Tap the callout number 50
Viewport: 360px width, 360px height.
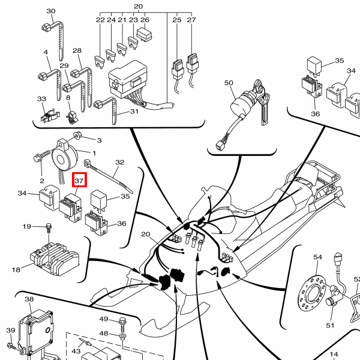(x=229, y=82)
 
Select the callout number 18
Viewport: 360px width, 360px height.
(x=16, y=270)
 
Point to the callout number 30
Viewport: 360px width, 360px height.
(x=50, y=11)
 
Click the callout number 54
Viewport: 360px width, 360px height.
(x=318, y=257)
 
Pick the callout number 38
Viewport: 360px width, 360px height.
(x=29, y=298)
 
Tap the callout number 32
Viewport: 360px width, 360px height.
(x=119, y=162)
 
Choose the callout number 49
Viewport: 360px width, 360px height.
(x=103, y=319)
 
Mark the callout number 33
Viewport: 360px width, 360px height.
(x=41, y=98)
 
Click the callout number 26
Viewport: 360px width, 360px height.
(x=145, y=20)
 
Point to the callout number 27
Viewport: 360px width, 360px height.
(x=191, y=20)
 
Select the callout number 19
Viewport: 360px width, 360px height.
(x=27, y=226)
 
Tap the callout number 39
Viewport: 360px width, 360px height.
(x=10, y=331)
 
